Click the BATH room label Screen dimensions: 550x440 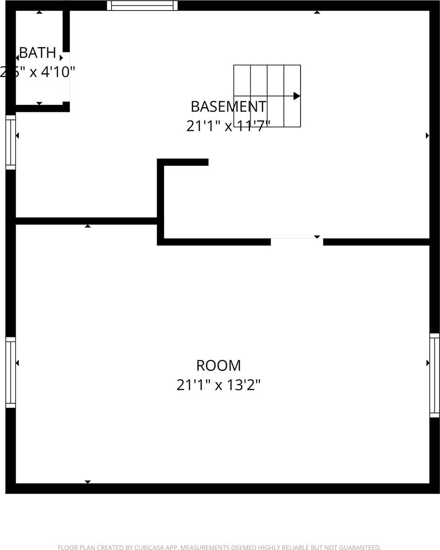point(38,53)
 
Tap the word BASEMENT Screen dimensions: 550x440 point(228,106)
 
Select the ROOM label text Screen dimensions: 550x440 point(219,365)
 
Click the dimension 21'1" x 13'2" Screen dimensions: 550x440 point(219,385)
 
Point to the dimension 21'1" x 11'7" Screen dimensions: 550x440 point(228,126)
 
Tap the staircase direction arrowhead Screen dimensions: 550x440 point(297,96)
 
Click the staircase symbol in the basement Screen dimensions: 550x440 point(267,96)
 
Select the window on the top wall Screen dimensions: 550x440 point(142,5)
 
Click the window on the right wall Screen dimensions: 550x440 point(434,375)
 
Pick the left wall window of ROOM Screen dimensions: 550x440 point(11,372)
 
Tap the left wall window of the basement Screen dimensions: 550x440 point(11,142)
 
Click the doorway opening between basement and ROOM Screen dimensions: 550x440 point(297,242)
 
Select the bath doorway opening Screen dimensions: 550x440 point(66,77)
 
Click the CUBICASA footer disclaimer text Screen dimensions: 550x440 point(220,547)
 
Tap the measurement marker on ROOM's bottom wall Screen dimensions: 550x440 point(88,482)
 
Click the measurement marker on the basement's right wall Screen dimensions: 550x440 point(427,135)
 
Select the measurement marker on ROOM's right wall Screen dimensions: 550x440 point(428,363)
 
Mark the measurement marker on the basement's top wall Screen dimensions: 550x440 point(317,12)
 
